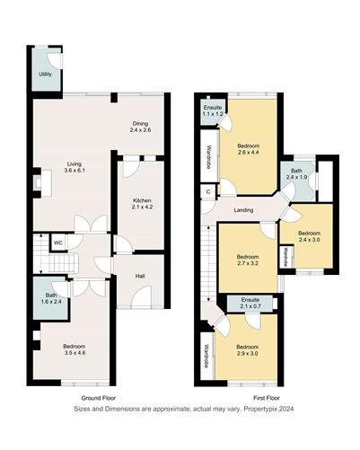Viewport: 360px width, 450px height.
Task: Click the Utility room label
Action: tap(44, 74)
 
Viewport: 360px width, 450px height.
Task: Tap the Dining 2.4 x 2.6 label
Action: tap(142, 128)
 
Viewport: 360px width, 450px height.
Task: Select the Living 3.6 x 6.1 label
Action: tap(75, 167)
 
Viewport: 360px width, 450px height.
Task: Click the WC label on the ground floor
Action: tap(57, 243)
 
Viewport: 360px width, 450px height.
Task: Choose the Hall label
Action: tap(141, 276)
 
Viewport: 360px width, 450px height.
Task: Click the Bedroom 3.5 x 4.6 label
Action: tap(75, 348)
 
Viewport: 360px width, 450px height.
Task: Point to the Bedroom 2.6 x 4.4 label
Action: tap(248, 149)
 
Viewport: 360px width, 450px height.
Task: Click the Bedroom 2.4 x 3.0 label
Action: tap(309, 236)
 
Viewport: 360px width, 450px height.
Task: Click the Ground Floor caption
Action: tap(98, 397)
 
